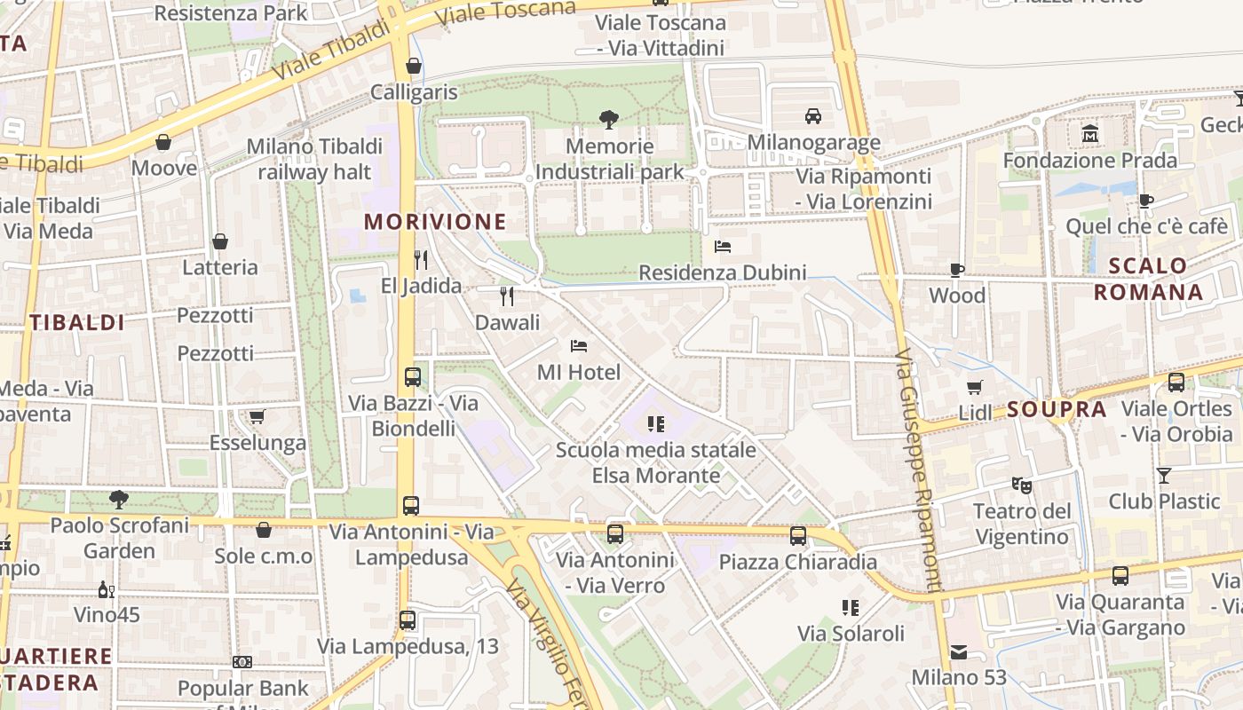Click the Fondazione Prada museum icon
1089,134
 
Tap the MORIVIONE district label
435,222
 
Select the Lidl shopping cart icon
975,387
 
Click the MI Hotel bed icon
579,345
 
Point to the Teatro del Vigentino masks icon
1022,485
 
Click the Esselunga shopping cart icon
257,416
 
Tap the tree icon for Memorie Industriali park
609,119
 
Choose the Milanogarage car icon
812,116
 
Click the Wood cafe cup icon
957,270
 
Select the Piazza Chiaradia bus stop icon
798,535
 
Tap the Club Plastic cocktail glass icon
1163,475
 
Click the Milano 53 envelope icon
959,652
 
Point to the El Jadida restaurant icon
421,259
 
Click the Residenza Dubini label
723,272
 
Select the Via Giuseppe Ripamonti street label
919,470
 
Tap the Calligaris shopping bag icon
413,66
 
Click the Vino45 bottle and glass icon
106,590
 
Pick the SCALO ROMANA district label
1148,279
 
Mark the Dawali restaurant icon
507,296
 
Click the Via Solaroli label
851,634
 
